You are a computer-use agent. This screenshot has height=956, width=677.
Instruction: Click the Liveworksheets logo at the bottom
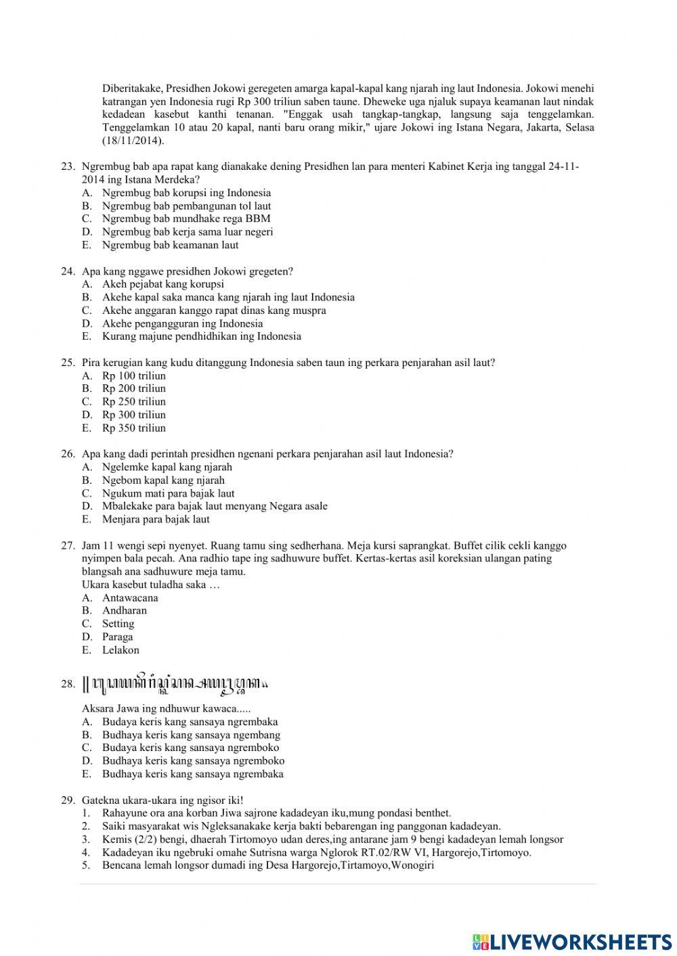pyautogui.click(x=572, y=940)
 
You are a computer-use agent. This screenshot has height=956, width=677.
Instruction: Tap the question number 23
pyautogui.click(x=67, y=166)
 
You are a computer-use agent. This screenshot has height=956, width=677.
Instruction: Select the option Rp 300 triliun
pyautogui.click(x=133, y=415)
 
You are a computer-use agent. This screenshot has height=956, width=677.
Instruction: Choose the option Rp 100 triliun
pyautogui.click(x=133, y=375)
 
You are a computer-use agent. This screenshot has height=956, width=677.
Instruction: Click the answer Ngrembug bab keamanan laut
pyautogui.click(x=170, y=245)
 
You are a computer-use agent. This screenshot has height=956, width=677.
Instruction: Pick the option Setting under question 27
pyautogui.click(x=118, y=624)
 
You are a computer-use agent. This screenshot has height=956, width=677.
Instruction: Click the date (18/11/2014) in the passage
pyautogui.click(x=133, y=141)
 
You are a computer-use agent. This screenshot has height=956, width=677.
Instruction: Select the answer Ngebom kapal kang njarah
pyautogui.click(x=163, y=480)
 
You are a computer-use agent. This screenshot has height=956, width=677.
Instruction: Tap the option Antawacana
pyautogui.click(x=130, y=597)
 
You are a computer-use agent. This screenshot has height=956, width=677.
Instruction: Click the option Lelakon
pyautogui.click(x=121, y=650)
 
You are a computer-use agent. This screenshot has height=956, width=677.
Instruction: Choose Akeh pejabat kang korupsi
pyautogui.click(x=162, y=284)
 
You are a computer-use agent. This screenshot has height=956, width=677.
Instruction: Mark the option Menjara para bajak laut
pyautogui.click(x=156, y=520)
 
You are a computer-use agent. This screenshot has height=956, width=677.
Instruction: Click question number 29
pyautogui.click(x=67, y=800)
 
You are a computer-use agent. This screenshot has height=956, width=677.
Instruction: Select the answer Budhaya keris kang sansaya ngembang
pyautogui.click(x=191, y=735)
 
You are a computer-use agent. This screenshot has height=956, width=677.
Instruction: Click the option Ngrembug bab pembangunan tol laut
pyautogui.click(x=186, y=206)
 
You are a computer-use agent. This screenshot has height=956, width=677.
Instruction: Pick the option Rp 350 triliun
pyautogui.click(x=133, y=428)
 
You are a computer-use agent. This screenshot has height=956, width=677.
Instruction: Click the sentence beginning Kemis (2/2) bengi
pyautogui.click(x=332, y=840)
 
